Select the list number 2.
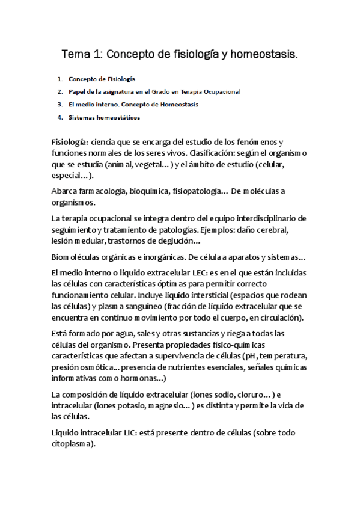click(60, 91)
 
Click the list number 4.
click(60, 117)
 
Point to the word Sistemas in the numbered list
click(82, 117)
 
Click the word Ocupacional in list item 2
click(220, 91)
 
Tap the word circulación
click(278, 319)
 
